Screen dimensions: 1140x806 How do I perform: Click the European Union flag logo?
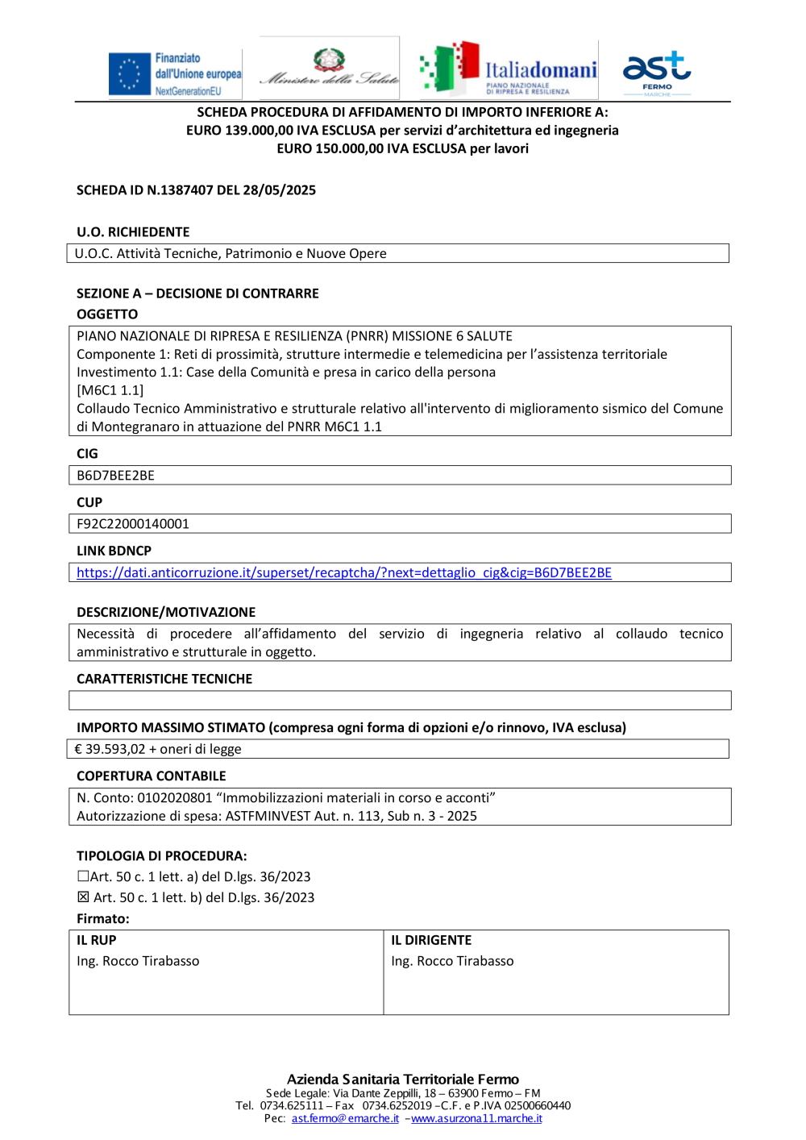pyautogui.click(x=130, y=74)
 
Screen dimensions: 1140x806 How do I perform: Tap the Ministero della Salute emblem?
pyautogui.click(x=330, y=60)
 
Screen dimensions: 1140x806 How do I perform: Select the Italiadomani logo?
pyautogui.click(x=509, y=69)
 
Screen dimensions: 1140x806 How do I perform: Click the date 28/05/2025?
pyautogui.click(x=279, y=190)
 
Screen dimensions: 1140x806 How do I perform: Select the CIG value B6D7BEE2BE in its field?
pyautogui.click(x=115, y=476)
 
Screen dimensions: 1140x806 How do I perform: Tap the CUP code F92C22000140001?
pyautogui.click(x=133, y=524)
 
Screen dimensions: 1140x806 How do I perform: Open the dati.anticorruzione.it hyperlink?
pyautogui.click(x=344, y=572)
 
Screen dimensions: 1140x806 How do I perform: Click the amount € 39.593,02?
pyautogui.click(x=110, y=749)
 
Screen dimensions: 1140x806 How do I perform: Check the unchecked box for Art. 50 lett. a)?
pyautogui.click(x=83, y=876)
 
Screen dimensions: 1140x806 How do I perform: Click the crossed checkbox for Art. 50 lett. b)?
pyautogui.click(x=83, y=897)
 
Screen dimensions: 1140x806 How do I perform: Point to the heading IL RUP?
pyautogui.click(x=97, y=940)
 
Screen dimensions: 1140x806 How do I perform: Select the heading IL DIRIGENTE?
pyautogui.click(x=431, y=940)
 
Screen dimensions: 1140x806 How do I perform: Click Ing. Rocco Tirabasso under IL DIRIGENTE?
pyautogui.click(x=452, y=961)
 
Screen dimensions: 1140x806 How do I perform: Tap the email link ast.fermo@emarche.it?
pyautogui.click(x=345, y=1118)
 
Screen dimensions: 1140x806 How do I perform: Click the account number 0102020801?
pyautogui.click(x=175, y=798)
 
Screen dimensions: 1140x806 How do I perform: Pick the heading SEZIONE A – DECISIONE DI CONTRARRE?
pyautogui.click(x=197, y=293)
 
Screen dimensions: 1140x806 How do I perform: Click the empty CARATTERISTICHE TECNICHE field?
pyautogui.click(x=400, y=701)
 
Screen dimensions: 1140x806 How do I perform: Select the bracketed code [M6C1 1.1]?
pyautogui.click(x=110, y=390)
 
